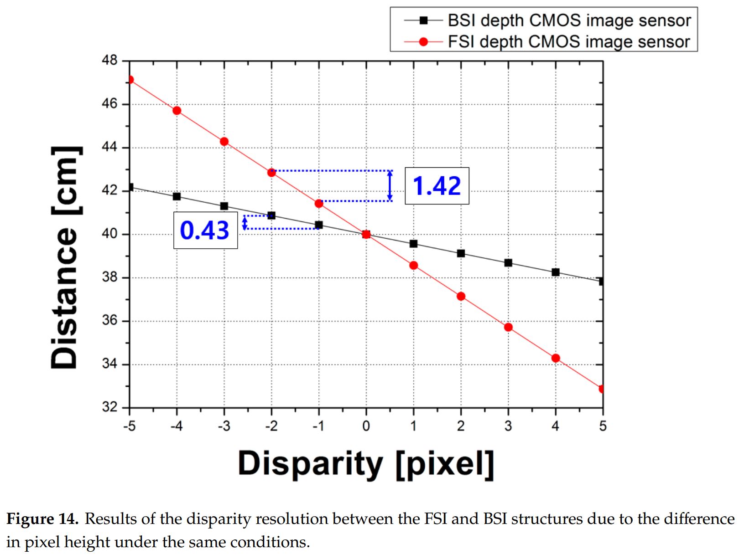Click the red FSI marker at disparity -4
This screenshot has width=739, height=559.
[177, 111]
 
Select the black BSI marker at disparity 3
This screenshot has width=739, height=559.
[508, 263]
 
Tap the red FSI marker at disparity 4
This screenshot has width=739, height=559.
[556, 358]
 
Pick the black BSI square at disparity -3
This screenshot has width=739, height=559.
[224, 206]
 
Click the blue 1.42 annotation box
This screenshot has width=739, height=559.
[437, 186]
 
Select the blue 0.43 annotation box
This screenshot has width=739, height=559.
[205, 230]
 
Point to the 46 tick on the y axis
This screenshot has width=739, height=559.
[109, 104]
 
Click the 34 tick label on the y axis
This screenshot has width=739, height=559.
[109, 364]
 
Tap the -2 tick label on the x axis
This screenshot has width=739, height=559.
[271, 426]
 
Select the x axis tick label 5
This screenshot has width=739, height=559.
[603, 426]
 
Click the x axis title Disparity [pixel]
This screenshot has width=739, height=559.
[366, 464]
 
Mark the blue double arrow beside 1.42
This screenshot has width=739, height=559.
[390, 186]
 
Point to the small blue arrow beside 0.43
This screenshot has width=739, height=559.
[245, 222]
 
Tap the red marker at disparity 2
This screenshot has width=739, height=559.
[461, 297]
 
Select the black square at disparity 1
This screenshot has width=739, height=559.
[413, 244]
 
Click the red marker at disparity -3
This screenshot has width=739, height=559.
[224, 142]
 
